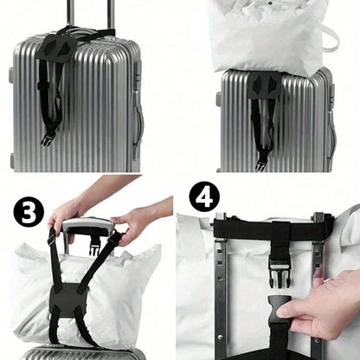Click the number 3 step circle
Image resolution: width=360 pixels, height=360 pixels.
pos(28,210)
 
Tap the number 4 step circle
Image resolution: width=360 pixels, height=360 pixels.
pos(204,196)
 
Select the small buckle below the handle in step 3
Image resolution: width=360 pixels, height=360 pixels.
pos(93,250)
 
